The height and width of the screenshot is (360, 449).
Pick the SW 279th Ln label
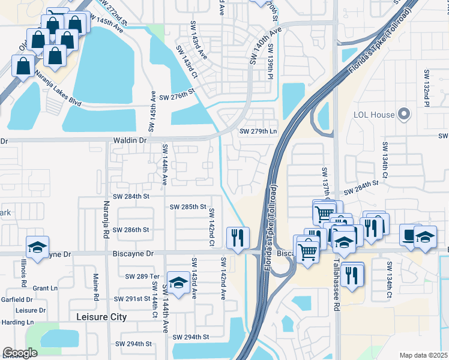click(x=258, y=131)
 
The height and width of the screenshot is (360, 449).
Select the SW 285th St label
click(x=187, y=206)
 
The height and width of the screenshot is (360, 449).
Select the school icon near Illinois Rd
click(x=37, y=247)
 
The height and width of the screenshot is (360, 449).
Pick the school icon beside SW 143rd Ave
click(x=178, y=281)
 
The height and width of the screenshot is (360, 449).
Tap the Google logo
click(x=20, y=353)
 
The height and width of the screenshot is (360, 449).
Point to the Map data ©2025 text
click(x=423, y=355)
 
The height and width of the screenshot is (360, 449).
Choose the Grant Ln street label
click(x=45, y=288)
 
